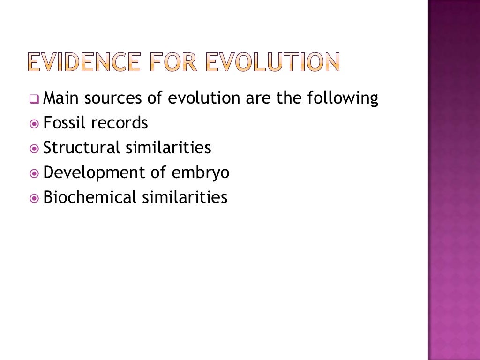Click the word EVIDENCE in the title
click(83, 62)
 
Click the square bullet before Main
click(34, 99)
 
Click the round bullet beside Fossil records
click(34, 124)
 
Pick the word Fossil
click(65, 123)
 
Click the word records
click(120, 123)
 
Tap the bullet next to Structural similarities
click(34, 149)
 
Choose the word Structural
click(82, 148)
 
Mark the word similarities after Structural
click(168, 148)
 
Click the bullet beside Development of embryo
click(34, 173)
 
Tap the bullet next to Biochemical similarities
click(34, 198)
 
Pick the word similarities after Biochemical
click(185, 197)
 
